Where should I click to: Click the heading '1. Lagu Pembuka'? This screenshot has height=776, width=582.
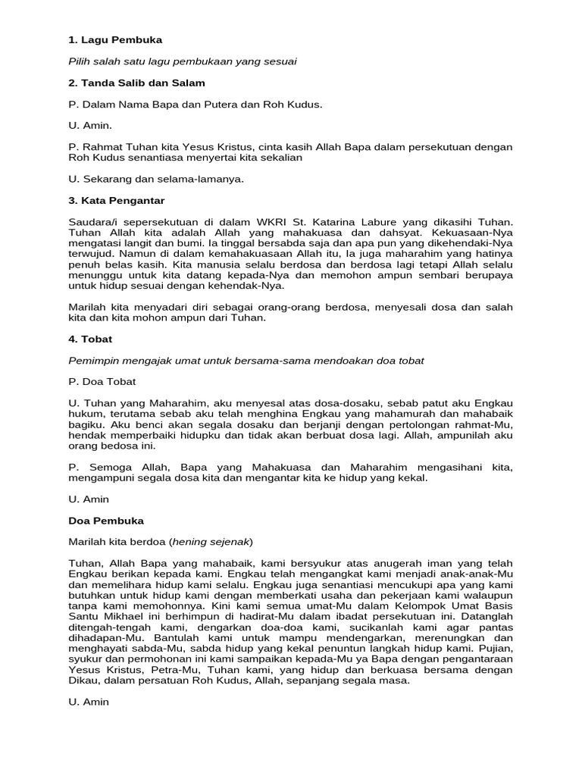(115, 39)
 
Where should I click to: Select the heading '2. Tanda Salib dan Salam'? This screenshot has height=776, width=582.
(136, 83)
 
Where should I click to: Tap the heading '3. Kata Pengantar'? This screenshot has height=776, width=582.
(116, 200)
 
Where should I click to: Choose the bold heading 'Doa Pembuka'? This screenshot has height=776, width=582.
(106, 521)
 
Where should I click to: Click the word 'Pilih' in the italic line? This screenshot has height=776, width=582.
(81, 61)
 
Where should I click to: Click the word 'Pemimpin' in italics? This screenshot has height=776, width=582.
(92, 360)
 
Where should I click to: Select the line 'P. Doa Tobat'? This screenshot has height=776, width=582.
(102, 381)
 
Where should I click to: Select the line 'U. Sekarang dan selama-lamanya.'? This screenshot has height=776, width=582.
(157, 179)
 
